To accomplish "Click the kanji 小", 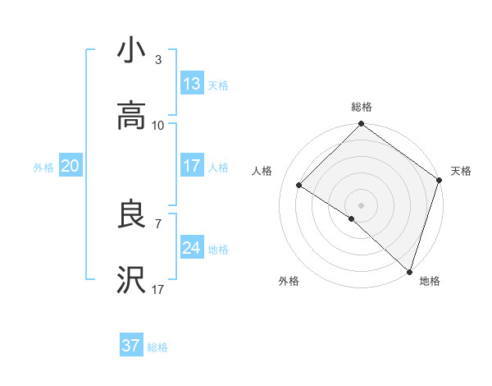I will (131, 51).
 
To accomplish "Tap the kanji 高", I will (131, 116).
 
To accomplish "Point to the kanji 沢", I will (131, 280).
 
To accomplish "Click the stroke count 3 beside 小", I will (158, 60).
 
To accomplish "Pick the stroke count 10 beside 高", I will (158, 125).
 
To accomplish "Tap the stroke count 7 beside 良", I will (158, 223).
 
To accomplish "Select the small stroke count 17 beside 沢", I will (158, 289).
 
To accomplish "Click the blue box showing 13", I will (192, 84).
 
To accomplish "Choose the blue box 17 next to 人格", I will (192, 166).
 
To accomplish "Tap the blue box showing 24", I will (192, 248).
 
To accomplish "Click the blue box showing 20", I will (71, 166).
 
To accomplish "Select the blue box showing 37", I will (131, 346).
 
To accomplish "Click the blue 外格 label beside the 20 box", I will (43, 168).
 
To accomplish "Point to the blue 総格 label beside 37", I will (157, 347).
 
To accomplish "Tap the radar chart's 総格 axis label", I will (362, 107).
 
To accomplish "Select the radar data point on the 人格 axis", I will (299, 186).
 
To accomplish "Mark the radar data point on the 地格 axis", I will (409, 271).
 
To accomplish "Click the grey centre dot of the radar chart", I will (362, 204).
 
